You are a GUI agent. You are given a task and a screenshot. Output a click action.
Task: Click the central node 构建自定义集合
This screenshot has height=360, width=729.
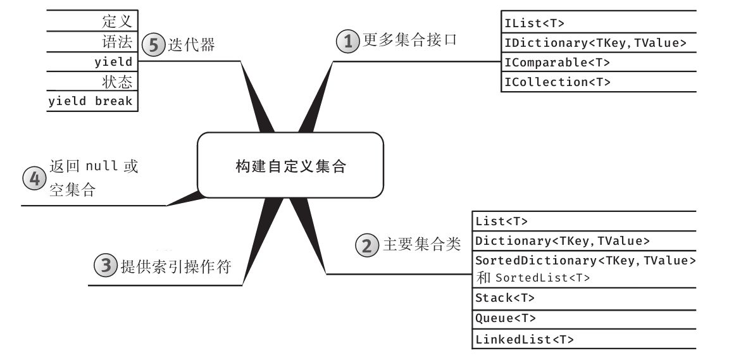point(290,166)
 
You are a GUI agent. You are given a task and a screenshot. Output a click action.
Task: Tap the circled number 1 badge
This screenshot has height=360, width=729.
point(347,41)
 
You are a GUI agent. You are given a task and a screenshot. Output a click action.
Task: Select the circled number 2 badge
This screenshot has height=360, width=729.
point(368,245)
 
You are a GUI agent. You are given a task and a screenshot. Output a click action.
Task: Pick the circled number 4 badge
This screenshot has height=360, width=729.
point(35,178)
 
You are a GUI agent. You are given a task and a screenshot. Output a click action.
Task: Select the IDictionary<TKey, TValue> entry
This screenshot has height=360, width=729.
point(595,43)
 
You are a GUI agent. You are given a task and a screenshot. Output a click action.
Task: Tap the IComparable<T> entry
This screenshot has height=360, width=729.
point(557,63)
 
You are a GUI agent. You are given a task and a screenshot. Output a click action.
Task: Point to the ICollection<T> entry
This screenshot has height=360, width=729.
point(557,82)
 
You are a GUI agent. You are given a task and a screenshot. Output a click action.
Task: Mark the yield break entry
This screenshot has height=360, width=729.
point(92,102)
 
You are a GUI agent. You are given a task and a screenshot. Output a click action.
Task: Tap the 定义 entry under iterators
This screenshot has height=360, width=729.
point(116,22)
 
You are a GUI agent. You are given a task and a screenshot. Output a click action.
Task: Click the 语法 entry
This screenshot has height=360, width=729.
point(116,42)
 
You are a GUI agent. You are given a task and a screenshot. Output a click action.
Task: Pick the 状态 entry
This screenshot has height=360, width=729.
point(116,82)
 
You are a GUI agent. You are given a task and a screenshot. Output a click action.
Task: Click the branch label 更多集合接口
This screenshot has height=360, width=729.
point(409,40)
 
